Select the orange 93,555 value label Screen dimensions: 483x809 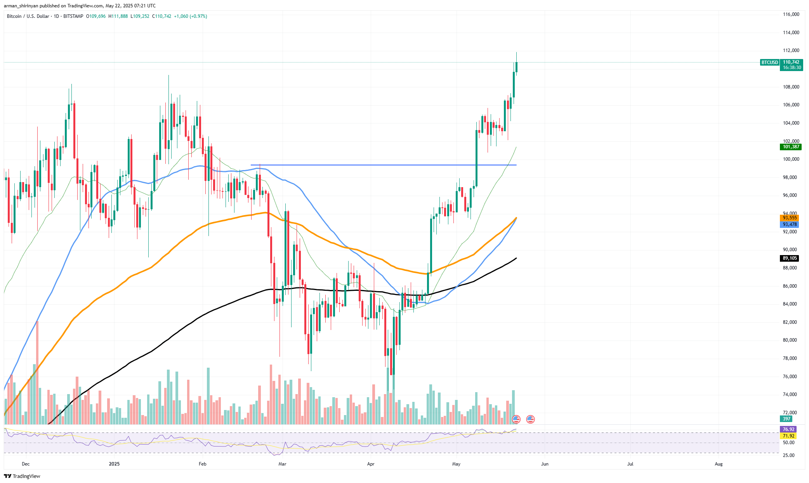pyautogui.click(x=790, y=218)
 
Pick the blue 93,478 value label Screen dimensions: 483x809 pyautogui.click(x=790, y=224)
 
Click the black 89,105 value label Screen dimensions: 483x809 pyautogui.click(x=790, y=258)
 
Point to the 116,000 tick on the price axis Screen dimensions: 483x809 pyautogui.click(x=791, y=14)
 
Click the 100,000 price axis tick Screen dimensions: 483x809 pyautogui.click(x=791, y=159)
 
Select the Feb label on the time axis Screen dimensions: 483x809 pyautogui.click(x=202, y=464)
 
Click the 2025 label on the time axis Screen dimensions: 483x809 pyautogui.click(x=114, y=464)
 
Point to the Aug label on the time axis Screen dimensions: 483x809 pyautogui.click(x=719, y=464)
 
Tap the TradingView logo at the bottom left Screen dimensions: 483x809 pyautogui.click(x=22, y=476)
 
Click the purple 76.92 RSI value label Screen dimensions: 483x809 pyautogui.click(x=788, y=429)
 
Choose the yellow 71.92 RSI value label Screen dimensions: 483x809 pyautogui.click(x=788, y=436)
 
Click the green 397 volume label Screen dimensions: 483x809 pyautogui.click(x=786, y=419)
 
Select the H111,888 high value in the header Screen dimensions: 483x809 pyautogui.click(x=118, y=16)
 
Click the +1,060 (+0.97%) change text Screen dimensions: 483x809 pyautogui.click(x=190, y=16)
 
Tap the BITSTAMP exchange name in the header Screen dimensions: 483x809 pyautogui.click(x=73, y=16)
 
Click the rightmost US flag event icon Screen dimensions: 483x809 pyautogui.click(x=530, y=419)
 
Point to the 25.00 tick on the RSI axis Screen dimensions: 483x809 pyautogui.click(x=788, y=455)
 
